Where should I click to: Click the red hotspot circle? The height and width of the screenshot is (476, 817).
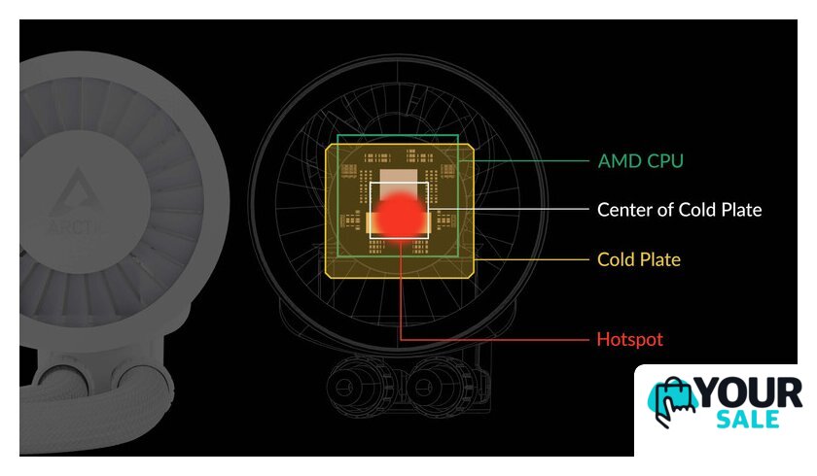point(400,216)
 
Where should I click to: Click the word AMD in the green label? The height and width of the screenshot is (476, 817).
point(620,161)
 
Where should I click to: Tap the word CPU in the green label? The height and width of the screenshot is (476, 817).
point(665,161)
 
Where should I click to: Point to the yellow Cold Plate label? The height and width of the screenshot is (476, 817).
point(639,259)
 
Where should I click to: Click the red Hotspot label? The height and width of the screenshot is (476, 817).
point(630,339)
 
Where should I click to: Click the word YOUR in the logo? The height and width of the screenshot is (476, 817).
point(749,393)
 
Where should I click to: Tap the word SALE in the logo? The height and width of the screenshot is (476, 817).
point(748,420)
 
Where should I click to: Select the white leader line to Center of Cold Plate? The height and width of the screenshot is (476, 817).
point(509,209)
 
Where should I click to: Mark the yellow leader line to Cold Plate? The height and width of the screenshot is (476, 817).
point(531,259)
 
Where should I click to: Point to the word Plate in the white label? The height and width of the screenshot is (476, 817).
point(741,210)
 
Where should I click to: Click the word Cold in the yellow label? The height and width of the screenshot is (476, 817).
point(616,259)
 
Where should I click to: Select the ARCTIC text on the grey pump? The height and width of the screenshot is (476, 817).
point(73,226)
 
